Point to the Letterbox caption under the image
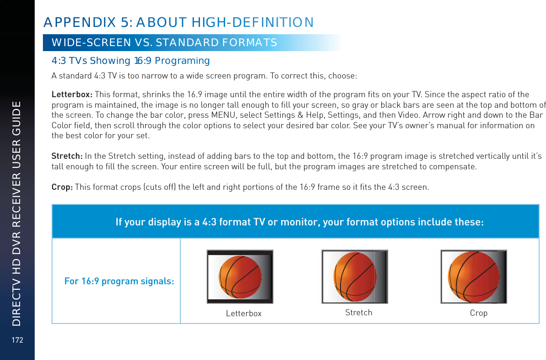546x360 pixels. click(244, 313)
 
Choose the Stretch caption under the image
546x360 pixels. click(358, 313)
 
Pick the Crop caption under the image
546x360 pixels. click(478, 313)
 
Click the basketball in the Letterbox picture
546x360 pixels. click(241, 277)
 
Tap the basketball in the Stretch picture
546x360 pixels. click(355, 277)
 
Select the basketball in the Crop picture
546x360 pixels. click(473, 277)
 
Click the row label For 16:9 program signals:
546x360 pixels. click(119, 281)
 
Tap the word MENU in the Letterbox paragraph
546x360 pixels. click(262, 114)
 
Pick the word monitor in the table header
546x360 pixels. click(302, 222)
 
